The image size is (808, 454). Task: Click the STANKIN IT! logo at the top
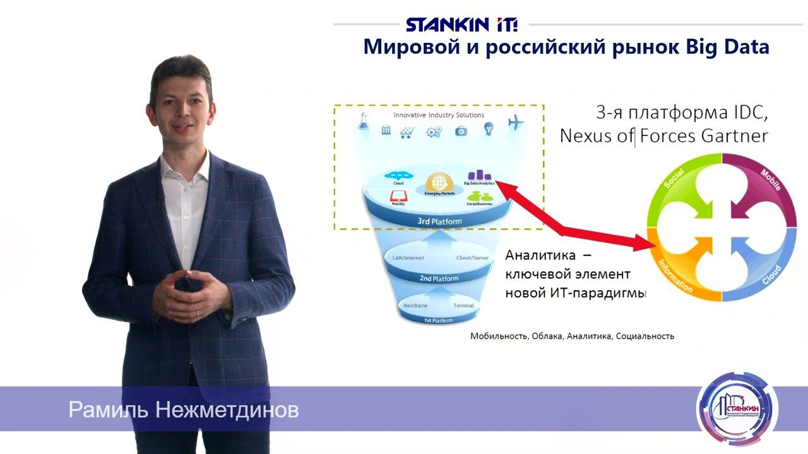[461, 25]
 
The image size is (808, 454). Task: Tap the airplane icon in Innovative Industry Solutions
[516, 123]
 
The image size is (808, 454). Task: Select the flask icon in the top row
[364, 122]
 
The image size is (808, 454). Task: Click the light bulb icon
[488, 129]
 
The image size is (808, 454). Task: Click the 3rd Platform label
[439, 221]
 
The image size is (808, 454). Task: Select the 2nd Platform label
[439, 278]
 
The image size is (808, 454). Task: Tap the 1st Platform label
[438, 320]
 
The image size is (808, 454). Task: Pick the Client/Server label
[473, 258]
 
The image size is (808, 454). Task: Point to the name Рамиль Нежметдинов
[183, 410]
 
